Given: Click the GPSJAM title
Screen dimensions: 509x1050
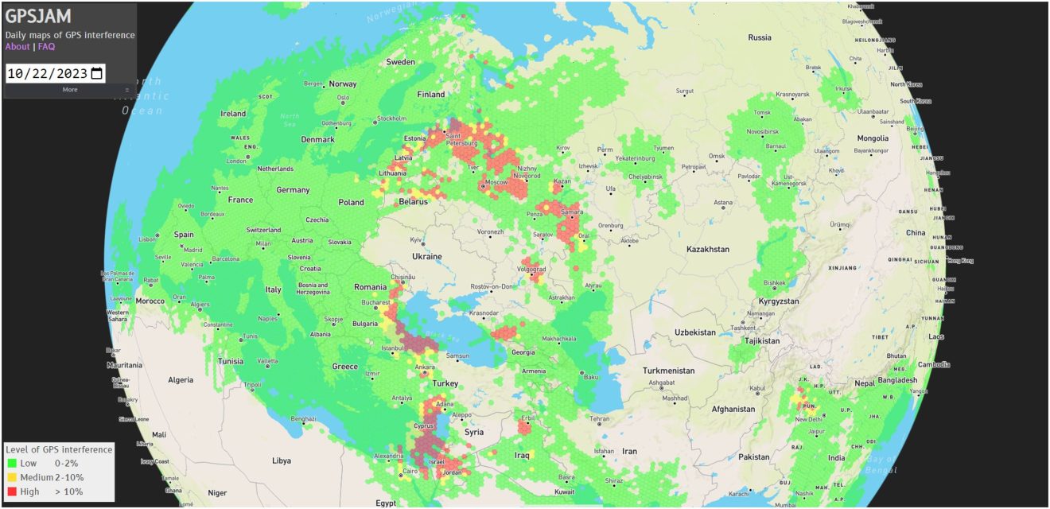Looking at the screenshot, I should (x=38, y=17).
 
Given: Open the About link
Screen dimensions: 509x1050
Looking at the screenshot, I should (x=17, y=46).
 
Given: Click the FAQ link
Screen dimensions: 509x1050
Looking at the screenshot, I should (x=46, y=46).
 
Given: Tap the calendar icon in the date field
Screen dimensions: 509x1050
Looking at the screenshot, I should (x=97, y=74).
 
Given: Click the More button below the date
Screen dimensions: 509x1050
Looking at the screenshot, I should (x=70, y=89).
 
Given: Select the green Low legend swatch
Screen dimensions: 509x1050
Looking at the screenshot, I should (x=12, y=463).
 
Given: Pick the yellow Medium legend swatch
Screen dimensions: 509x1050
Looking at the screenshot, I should (x=12, y=477).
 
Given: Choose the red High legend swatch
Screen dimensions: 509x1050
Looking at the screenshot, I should (x=12, y=492).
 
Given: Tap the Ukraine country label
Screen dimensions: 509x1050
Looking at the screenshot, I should (x=426, y=257).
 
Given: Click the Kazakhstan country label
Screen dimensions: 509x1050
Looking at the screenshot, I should (x=708, y=249).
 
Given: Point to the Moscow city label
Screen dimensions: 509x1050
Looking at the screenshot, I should (x=496, y=183).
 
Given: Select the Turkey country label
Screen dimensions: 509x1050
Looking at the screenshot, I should (x=445, y=383).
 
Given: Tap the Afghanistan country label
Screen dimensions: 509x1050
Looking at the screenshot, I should (x=733, y=410).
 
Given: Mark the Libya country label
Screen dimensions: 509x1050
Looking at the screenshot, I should (x=281, y=460).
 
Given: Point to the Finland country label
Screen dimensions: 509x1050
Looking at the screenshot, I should (x=431, y=94).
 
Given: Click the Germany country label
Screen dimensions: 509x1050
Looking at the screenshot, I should (x=293, y=190).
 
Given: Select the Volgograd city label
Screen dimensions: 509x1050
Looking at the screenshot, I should (x=532, y=270).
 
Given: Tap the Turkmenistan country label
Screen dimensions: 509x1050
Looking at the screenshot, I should (x=668, y=371).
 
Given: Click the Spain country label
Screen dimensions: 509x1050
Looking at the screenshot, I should (x=184, y=235).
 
